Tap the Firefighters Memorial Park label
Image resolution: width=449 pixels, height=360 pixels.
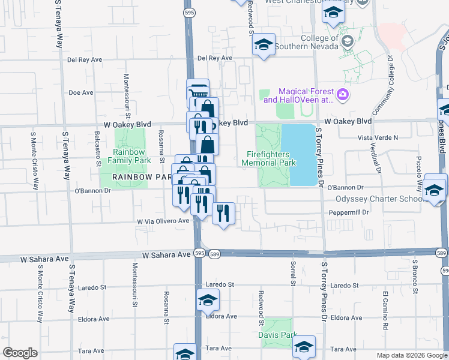(271, 158)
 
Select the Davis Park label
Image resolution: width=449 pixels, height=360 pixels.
(278, 334)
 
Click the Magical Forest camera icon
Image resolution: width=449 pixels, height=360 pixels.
(343, 94)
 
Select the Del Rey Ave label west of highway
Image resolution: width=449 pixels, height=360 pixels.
(82, 59)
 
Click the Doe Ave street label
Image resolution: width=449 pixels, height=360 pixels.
(81, 93)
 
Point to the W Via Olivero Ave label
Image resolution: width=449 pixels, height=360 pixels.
(163, 221)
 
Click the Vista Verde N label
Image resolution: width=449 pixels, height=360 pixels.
(378, 137)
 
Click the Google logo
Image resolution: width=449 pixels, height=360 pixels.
(20, 353)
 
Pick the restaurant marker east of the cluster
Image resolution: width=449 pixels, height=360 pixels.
(223, 214)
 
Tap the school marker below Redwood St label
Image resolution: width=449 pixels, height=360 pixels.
(264, 45)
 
